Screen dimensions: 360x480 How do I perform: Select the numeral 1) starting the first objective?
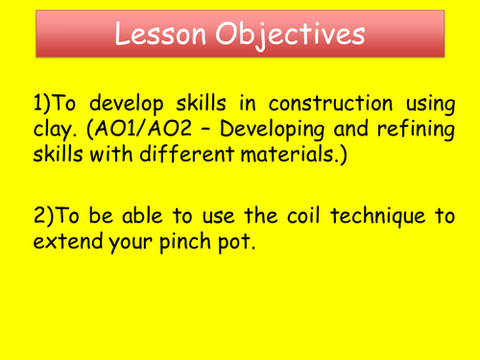[x=41, y=102]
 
